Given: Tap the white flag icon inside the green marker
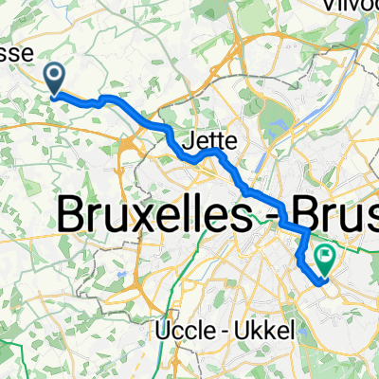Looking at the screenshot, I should pyautogui.click(x=327, y=253).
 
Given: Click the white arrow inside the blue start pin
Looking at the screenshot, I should pyautogui.click(x=53, y=74).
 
